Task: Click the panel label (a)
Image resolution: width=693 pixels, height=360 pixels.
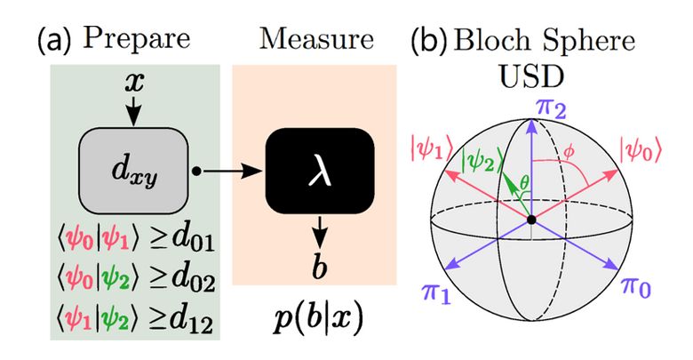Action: tap(52, 40)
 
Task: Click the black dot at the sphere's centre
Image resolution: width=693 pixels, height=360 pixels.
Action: tap(531, 219)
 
